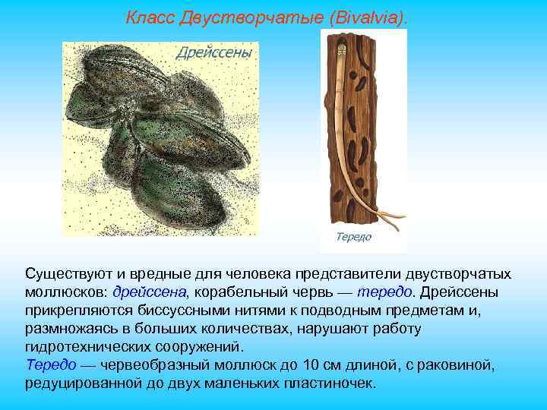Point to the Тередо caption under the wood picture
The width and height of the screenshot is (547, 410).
[353, 237]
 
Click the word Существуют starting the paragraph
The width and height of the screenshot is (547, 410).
[65, 273]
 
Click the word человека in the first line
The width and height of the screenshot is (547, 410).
[250, 273]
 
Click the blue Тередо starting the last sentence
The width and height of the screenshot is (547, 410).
[50, 365]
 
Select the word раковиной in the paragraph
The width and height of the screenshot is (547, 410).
[461, 365]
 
